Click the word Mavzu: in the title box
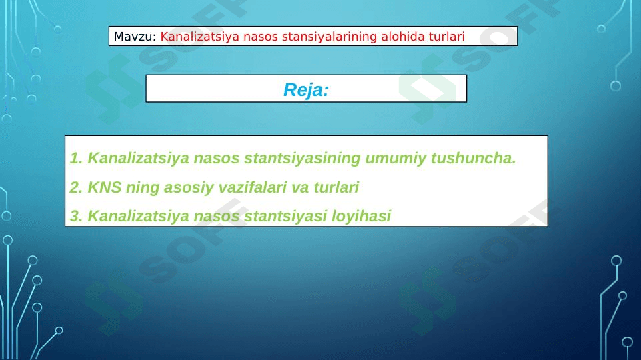(x=135, y=37)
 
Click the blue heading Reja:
(x=306, y=90)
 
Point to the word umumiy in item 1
(x=396, y=158)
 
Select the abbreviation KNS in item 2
(x=105, y=187)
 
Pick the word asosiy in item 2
(x=189, y=187)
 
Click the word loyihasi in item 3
(x=361, y=216)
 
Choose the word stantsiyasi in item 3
(x=285, y=216)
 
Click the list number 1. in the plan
(x=77, y=158)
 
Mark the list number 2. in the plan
(x=77, y=187)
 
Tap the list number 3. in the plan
(x=77, y=216)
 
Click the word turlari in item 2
(x=336, y=187)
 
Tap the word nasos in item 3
(x=216, y=216)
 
